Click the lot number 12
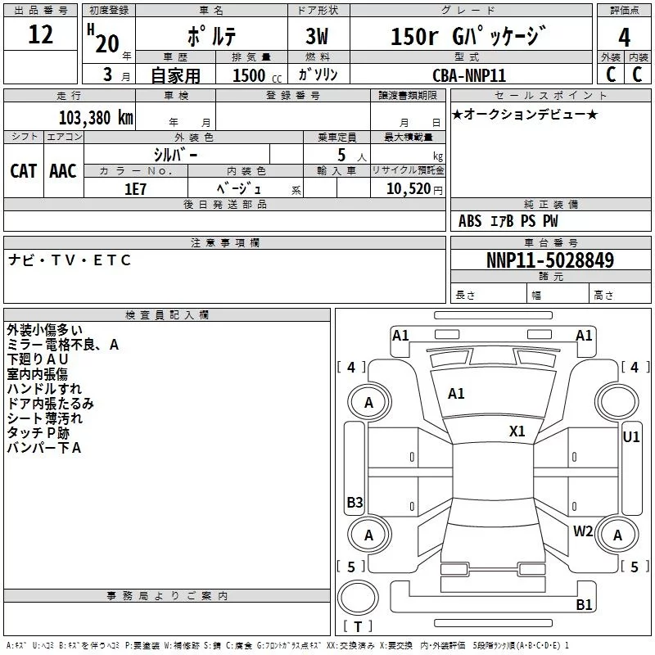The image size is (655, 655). (x=40, y=35)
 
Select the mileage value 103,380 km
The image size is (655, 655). (x=95, y=117)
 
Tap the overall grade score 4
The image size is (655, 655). (x=625, y=38)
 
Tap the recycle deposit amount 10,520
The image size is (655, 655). (x=407, y=188)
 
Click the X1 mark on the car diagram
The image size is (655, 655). (x=517, y=431)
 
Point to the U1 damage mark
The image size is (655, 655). (x=630, y=437)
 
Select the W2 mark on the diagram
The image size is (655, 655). (x=583, y=531)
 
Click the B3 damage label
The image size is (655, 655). (x=355, y=503)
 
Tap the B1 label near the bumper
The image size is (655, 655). (x=584, y=605)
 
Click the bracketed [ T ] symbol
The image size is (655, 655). (x=357, y=627)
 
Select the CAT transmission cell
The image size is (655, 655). (x=23, y=171)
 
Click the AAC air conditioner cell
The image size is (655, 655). (x=63, y=171)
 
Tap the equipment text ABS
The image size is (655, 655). (x=470, y=221)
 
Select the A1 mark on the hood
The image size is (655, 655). (x=456, y=394)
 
